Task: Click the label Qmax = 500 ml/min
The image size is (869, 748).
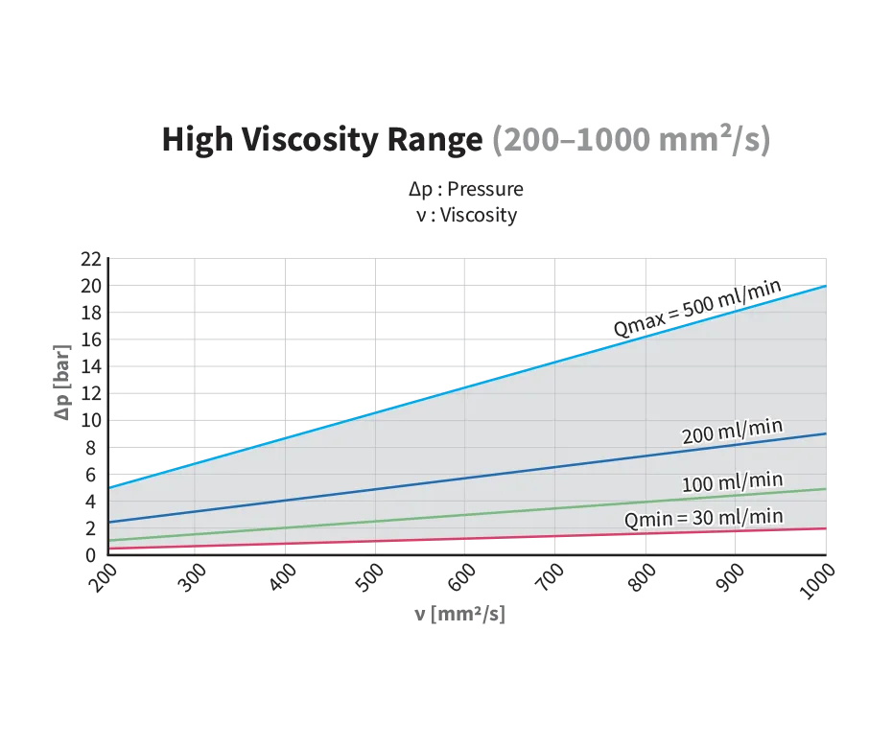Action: [698, 309]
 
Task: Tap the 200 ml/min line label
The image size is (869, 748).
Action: [726, 432]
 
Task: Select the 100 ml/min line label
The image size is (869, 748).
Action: [732, 481]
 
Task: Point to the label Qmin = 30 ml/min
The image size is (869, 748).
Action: [703, 518]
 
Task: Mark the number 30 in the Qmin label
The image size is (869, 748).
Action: [697, 519]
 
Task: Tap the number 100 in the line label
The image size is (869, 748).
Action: [697, 483]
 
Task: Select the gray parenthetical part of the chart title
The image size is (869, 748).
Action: [632, 141]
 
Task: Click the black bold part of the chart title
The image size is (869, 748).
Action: [321, 141]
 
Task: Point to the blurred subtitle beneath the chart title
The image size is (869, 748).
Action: [467, 199]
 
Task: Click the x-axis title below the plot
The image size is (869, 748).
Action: [460, 613]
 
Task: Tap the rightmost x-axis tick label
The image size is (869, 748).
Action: [818, 579]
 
